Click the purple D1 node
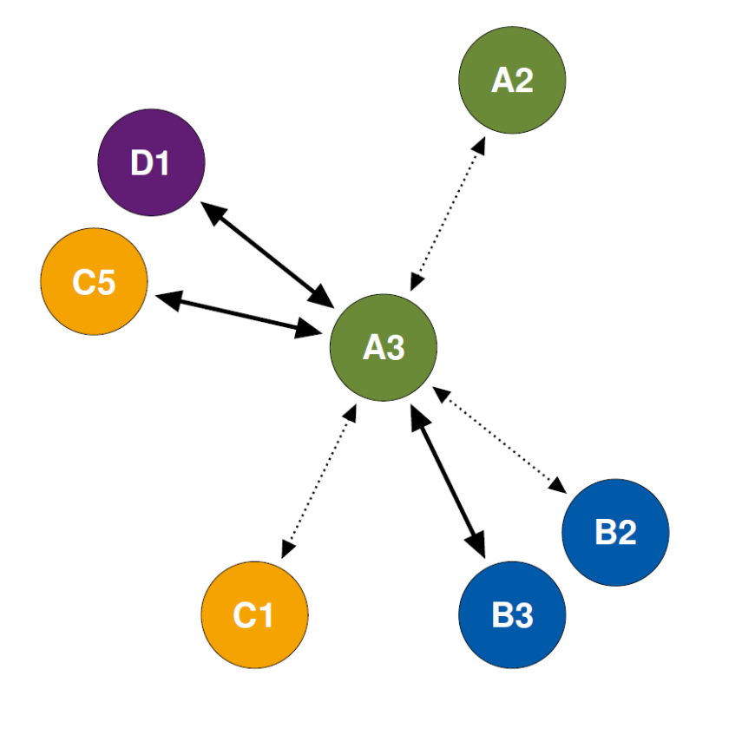[151, 162]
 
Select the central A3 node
[384, 347]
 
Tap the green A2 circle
[512, 80]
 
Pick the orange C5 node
[94, 281]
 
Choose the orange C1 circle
[254, 614]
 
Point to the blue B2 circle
[615, 532]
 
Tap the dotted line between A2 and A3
[448, 212]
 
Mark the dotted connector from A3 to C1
[318, 481]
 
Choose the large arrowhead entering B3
[476, 543]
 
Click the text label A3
[384, 348]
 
